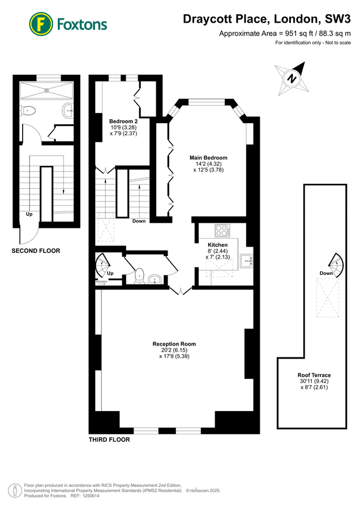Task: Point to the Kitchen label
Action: [217, 245]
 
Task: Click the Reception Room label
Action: [174, 344]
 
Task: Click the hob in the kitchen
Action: [222, 231]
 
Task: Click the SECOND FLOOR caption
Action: [36, 251]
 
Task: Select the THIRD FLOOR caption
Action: [109, 439]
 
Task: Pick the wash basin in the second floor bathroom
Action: [68, 110]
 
